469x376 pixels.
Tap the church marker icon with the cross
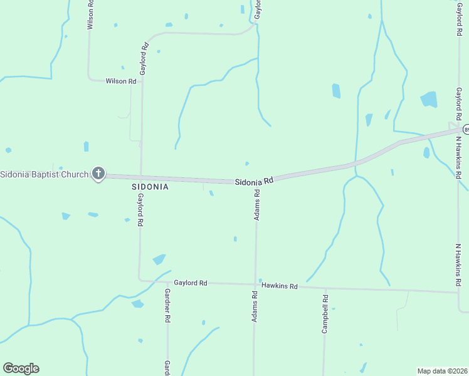pos(98,174)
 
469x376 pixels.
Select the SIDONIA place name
pos(150,187)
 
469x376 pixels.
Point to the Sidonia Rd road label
pos(255,181)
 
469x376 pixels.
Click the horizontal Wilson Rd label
pos(121,81)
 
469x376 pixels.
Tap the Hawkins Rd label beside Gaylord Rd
pos(279,286)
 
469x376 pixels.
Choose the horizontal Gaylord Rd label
pos(191,283)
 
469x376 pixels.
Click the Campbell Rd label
pos(325,313)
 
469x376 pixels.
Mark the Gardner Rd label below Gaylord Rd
pos(167,306)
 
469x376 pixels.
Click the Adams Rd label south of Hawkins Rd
pos(255,307)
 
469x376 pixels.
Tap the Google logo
pos(21,368)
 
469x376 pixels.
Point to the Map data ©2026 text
pos(443,370)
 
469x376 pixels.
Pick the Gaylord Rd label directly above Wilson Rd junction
pos(144,59)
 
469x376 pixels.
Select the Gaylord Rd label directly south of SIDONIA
pos(140,210)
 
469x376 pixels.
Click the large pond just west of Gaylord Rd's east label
pos(429,99)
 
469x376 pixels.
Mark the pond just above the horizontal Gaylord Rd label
pos(159,259)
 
